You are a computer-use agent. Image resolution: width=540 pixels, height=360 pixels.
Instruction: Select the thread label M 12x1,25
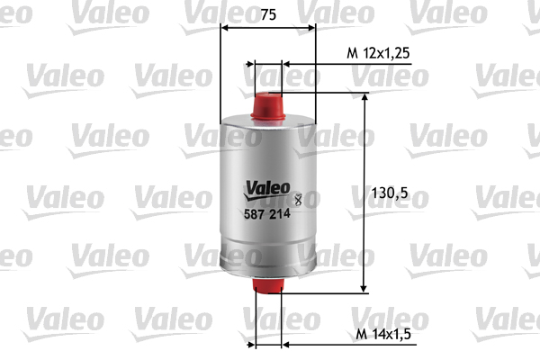coord(378,54)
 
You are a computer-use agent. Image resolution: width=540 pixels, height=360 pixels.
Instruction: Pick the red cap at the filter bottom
coord(269,287)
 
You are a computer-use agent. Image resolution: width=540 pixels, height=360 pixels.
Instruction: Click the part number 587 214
coord(268,213)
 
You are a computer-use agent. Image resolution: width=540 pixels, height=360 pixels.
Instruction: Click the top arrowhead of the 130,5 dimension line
coord(364,97)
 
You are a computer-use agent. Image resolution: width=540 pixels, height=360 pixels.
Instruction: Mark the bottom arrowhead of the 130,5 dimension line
coord(364,287)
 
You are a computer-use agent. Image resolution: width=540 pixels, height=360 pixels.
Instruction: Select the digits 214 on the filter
coord(281,213)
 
